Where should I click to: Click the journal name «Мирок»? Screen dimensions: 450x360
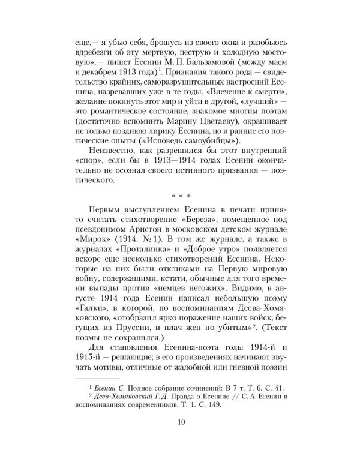[89, 242]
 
